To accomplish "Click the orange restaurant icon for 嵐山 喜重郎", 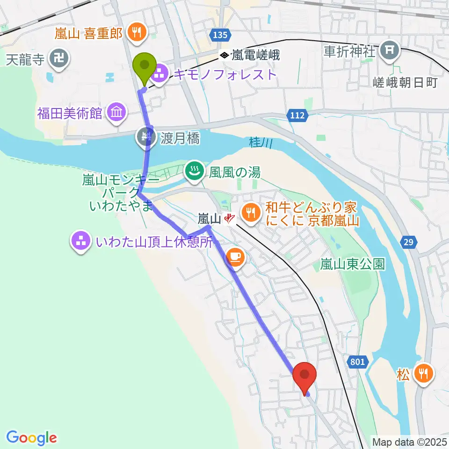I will click(x=137, y=33).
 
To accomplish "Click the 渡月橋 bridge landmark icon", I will click(x=143, y=137).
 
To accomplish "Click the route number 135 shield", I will click(x=219, y=35).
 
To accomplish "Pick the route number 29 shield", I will click(x=409, y=241).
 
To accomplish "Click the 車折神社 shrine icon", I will click(x=390, y=48).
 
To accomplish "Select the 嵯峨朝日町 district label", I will click(x=412, y=83).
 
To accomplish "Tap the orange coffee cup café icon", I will click(x=234, y=256).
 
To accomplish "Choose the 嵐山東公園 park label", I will click(x=352, y=265).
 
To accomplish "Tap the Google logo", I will click(x=32, y=438).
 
